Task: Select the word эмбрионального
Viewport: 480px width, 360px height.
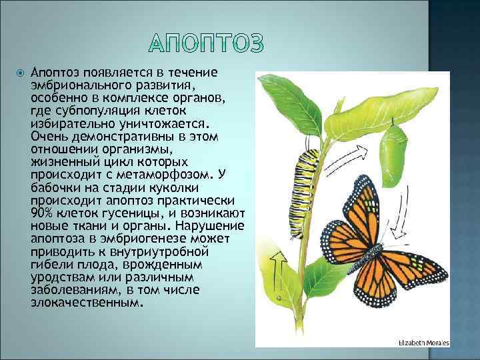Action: coord(73,85)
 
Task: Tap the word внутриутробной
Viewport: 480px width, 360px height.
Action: coord(162,251)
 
